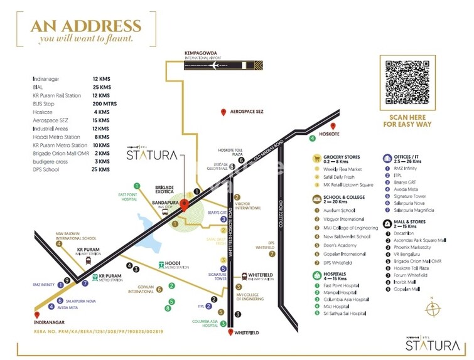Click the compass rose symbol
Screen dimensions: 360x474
click(x=433, y=309)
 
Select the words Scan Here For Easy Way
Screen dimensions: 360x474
click(x=407, y=120)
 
